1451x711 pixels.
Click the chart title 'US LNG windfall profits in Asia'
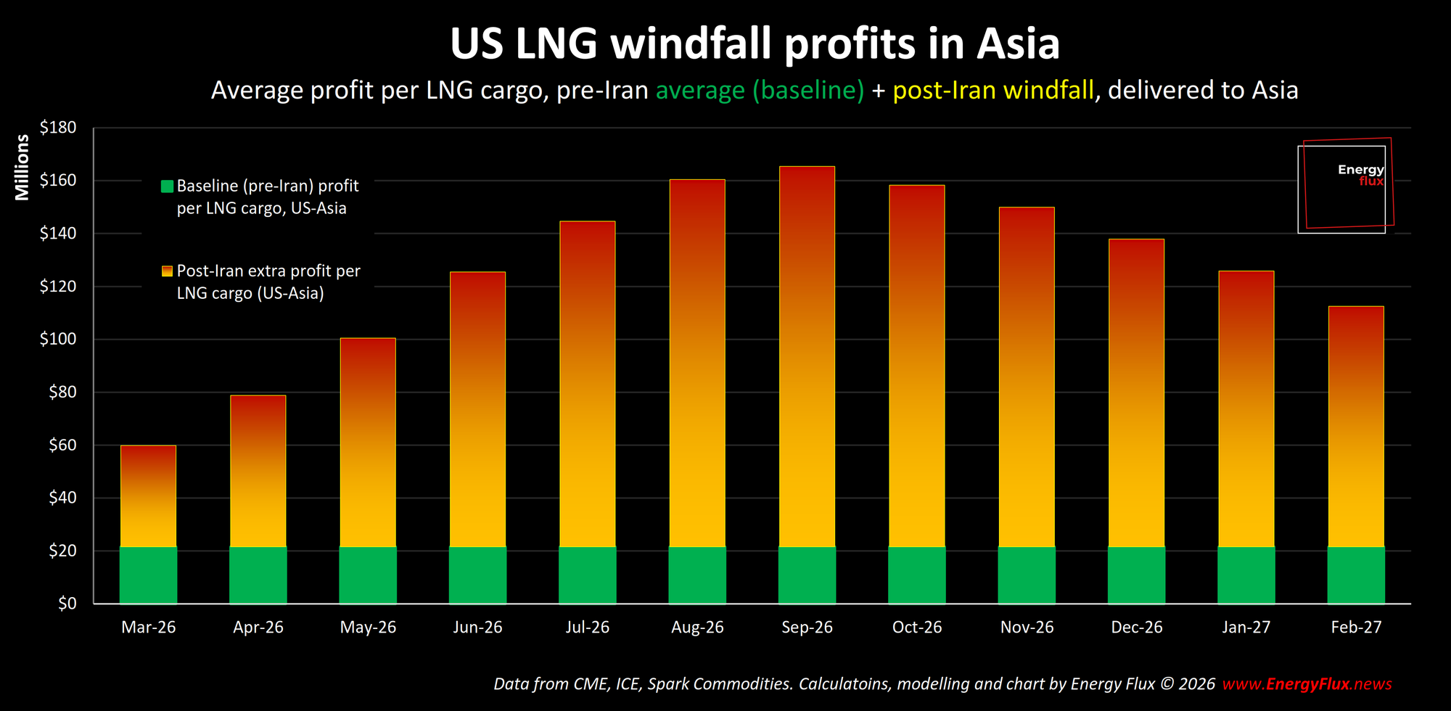[x=755, y=44]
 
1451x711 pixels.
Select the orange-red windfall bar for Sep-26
[x=807, y=355]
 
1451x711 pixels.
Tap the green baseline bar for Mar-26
[x=148, y=575]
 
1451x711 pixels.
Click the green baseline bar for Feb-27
[x=1356, y=575]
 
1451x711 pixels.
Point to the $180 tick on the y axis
[x=58, y=128]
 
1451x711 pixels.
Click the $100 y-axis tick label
[x=58, y=339]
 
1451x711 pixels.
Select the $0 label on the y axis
[x=67, y=604]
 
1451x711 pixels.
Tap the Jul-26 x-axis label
[x=587, y=627]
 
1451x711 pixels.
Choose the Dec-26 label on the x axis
[x=1136, y=627]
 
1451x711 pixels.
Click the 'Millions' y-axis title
[x=22, y=167]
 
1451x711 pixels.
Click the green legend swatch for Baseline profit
[x=167, y=186]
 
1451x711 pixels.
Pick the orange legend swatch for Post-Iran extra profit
[x=167, y=271]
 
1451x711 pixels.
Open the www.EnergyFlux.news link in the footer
[x=1307, y=684]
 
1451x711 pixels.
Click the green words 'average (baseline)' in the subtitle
[x=760, y=91]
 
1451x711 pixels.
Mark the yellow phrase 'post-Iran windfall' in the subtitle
[x=993, y=91]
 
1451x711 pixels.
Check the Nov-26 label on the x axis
[x=1027, y=627]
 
